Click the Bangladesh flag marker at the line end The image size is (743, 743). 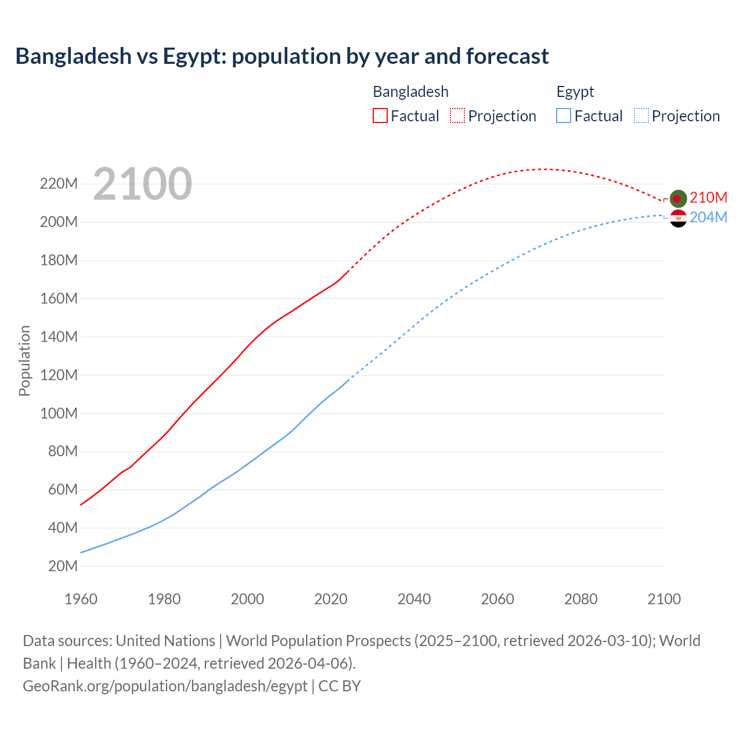(678, 199)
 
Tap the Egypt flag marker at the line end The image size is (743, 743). (678, 218)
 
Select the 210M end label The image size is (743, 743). (708, 198)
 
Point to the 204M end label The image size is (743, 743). (708, 217)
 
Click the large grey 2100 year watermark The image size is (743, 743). (142, 184)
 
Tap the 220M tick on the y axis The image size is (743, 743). (59, 184)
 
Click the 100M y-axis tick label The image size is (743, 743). (59, 413)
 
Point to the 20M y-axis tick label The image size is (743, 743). (63, 566)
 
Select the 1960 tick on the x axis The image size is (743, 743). (81, 599)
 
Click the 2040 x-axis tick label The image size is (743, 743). (414, 599)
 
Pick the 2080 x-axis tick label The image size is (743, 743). (580, 599)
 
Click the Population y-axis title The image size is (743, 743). (24, 360)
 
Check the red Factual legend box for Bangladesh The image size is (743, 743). (380, 116)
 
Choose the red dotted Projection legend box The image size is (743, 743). (457, 116)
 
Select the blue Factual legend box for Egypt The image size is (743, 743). (563, 116)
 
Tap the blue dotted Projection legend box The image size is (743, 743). (641, 116)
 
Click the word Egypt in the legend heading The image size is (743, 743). (575, 92)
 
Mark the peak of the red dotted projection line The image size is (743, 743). (543, 169)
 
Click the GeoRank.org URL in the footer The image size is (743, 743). (165, 686)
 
